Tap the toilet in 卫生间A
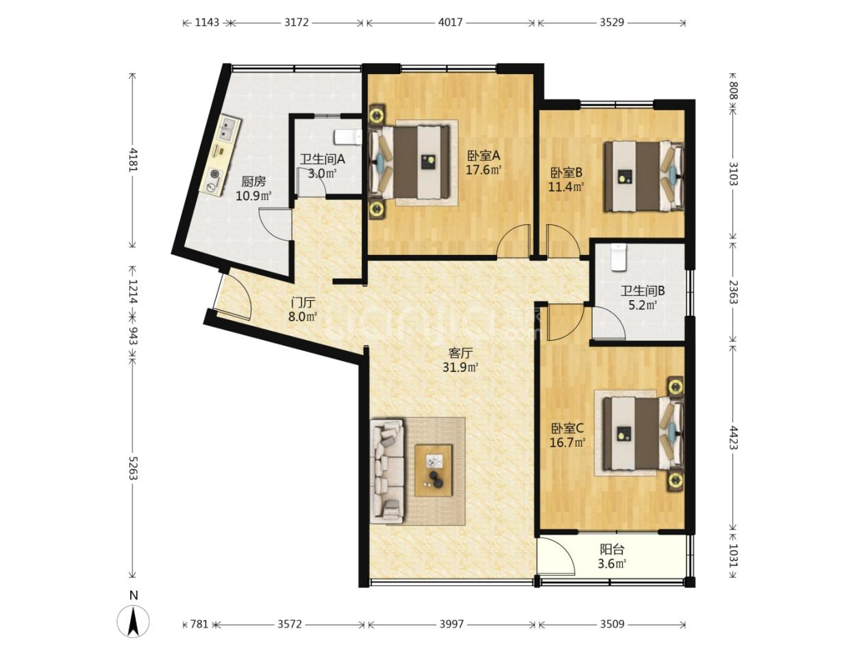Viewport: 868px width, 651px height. (x=347, y=137)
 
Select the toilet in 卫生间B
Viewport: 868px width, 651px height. (x=619, y=257)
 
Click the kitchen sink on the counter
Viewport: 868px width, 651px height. (x=226, y=129)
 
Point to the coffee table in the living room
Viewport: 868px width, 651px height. (x=434, y=470)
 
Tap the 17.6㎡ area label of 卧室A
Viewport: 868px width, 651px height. (x=484, y=170)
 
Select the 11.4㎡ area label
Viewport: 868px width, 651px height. (x=566, y=186)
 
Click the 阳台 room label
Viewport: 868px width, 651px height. (x=612, y=550)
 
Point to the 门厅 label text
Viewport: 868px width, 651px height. (x=303, y=304)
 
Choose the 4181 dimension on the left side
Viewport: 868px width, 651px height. (x=133, y=160)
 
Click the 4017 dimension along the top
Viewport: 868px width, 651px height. (x=450, y=22)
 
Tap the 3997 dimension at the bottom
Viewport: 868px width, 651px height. (x=451, y=624)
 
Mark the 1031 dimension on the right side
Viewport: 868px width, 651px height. (x=732, y=556)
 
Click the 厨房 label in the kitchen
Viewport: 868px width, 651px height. (x=253, y=182)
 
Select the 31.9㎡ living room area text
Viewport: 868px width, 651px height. (x=460, y=368)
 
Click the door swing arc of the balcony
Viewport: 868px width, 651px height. (x=561, y=551)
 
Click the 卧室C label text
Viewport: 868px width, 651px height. (x=567, y=428)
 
